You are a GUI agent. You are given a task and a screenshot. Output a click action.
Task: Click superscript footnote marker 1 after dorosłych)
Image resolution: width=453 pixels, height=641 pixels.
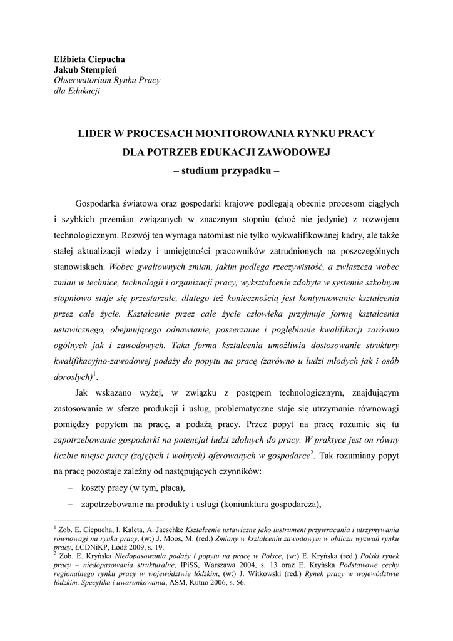pos(94,374)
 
